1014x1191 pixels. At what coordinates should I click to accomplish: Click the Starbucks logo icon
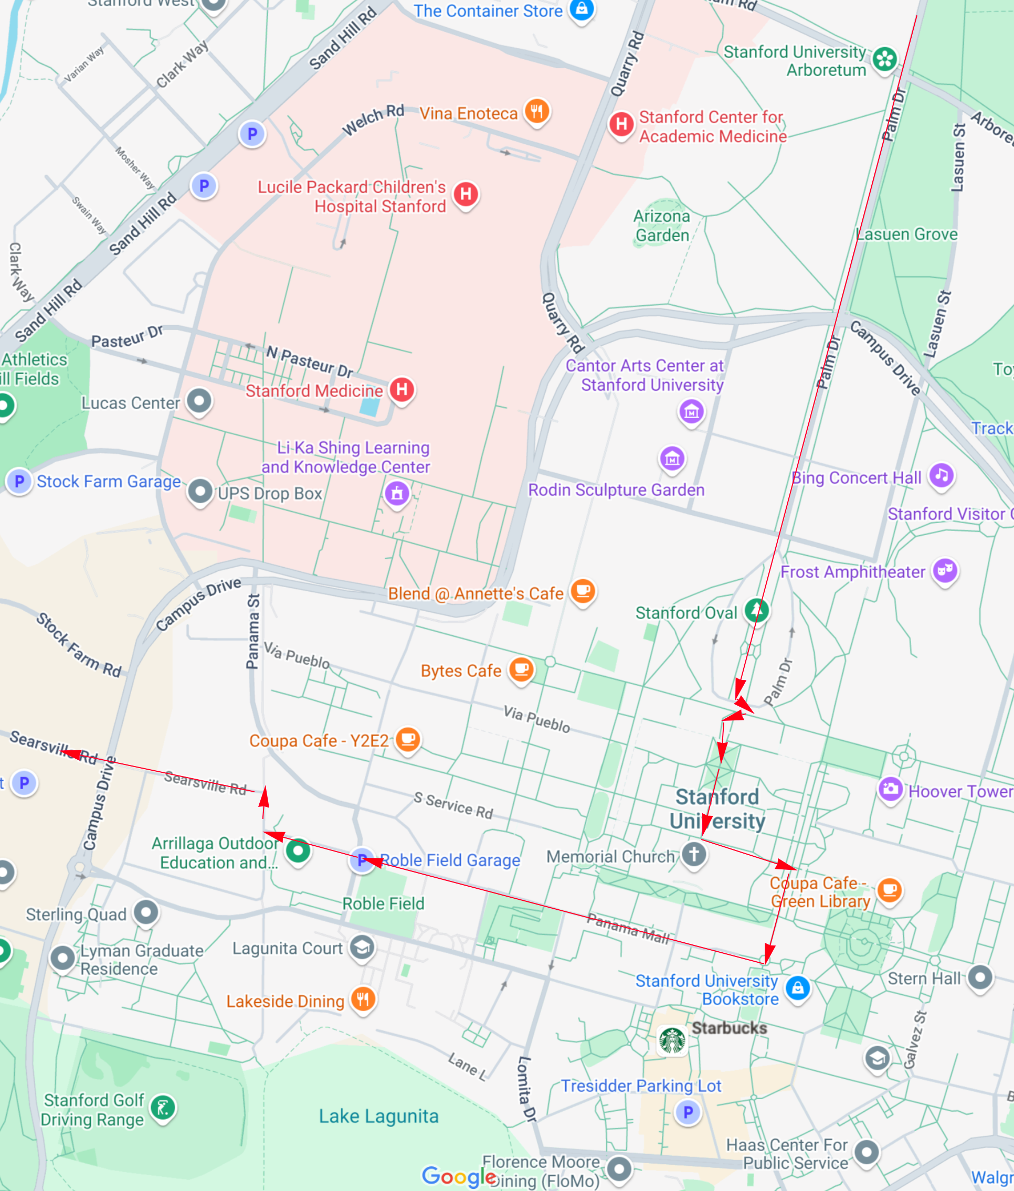pyautogui.click(x=672, y=1040)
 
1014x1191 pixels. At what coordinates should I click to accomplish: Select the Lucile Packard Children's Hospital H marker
pyautogui.click(x=466, y=194)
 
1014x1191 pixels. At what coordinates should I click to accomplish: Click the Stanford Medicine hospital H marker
pyautogui.click(x=402, y=389)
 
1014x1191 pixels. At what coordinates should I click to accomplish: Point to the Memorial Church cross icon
pyautogui.click(x=694, y=854)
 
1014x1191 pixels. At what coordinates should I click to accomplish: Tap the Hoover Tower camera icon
pyautogui.click(x=891, y=789)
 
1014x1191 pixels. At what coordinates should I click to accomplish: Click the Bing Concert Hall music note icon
pyautogui.click(x=942, y=475)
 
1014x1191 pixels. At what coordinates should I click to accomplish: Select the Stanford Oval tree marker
pyautogui.click(x=756, y=610)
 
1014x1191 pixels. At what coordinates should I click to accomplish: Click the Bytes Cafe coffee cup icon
pyautogui.click(x=521, y=669)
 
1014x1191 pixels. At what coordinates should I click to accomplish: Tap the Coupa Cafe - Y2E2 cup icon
pyautogui.click(x=408, y=739)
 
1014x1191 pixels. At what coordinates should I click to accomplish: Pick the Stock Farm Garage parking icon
pyautogui.click(x=19, y=481)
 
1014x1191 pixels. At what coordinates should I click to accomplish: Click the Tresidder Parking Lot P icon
pyautogui.click(x=688, y=1112)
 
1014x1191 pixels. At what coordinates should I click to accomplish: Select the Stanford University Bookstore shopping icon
pyautogui.click(x=797, y=988)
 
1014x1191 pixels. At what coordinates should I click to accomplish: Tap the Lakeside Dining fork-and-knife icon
pyautogui.click(x=363, y=999)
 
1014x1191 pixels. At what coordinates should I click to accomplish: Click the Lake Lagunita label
pyautogui.click(x=378, y=1116)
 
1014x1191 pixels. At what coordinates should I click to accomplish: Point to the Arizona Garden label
pyautogui.click(x=662, y=225)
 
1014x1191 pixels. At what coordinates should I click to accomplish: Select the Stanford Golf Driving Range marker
pyautogui.click(x=163, y=1107)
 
